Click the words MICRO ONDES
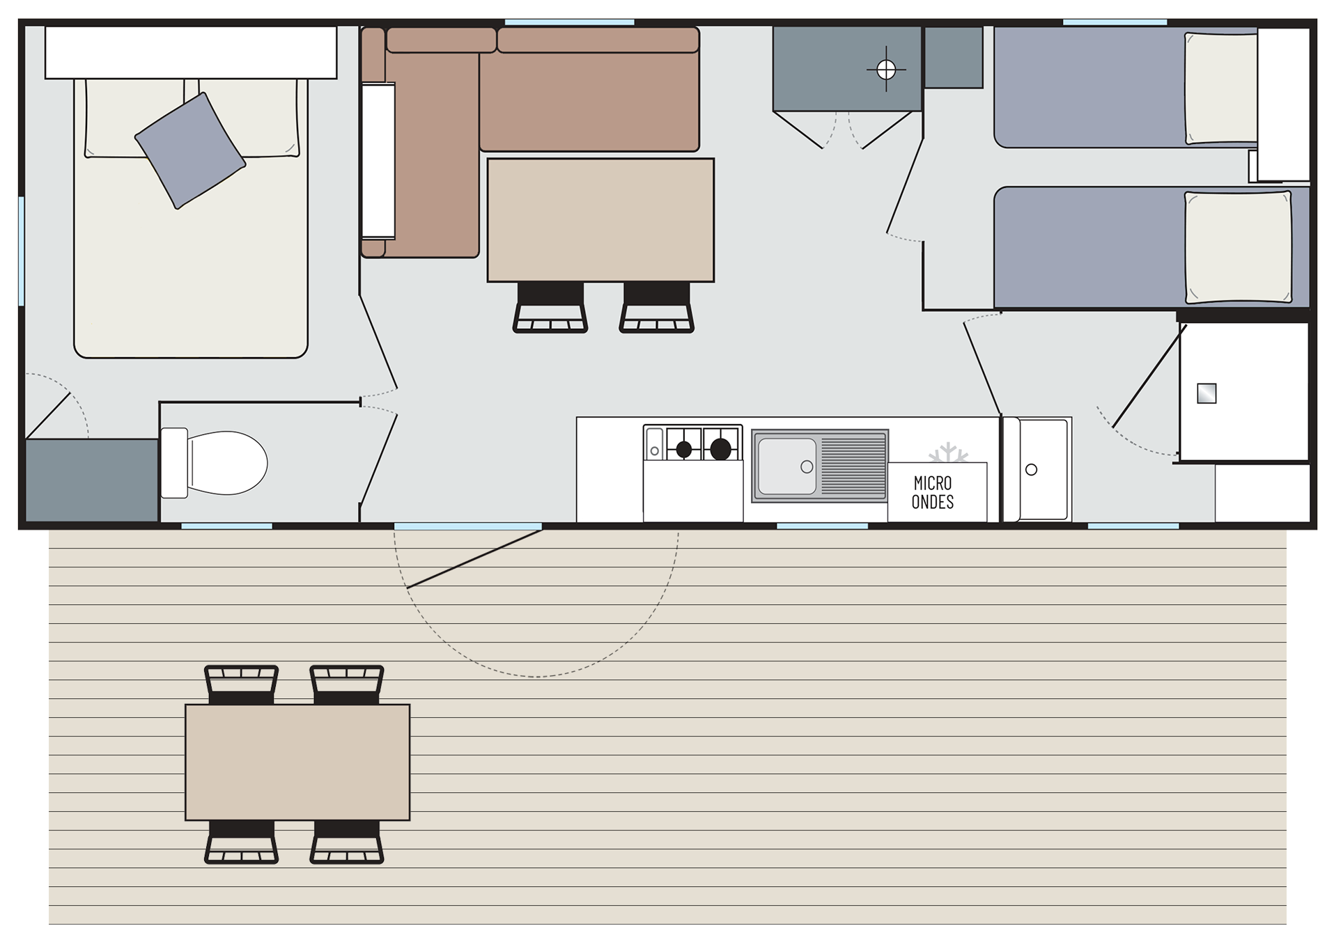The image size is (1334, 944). pyautogui.click(x=933, y=492)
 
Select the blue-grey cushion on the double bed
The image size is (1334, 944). pyautogui.click(x=190, y=150)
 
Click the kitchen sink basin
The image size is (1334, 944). pyautogui.click(x=787, y=466)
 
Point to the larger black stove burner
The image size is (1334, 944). pyautogui.click(x=720, y=449)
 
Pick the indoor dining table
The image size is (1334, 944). pyautogui.click(x=600, y=220)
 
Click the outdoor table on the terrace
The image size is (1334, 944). pyautogui.click(x=297, y=762)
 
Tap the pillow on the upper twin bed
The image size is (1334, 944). pyautogui.click(x=1221, y=88)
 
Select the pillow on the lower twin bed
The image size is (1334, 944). pyautogui.click(x=1239, y=247)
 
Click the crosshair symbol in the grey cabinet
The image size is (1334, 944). pyautogui.click(x=886, y=70)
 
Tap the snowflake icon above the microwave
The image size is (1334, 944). pyautogui.click(x=948, y=453)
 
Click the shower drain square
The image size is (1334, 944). pyautogui.click(x=1207, y=393)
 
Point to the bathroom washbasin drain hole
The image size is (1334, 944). pyautogui.click(x=1032, y=470)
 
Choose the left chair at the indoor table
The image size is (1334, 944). pyautogui.click(x=550, y=307)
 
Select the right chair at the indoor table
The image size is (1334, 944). pyautogui.click(x=657, y=307)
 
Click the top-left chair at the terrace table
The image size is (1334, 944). pyautogui.click(x=242, y=685)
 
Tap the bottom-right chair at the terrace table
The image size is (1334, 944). pyautogui.click(x=347, y=842)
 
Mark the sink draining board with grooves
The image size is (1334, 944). pyautogui.click(x=853, y=466)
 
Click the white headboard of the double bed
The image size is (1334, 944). pyautogui.click(x=191, y=53)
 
